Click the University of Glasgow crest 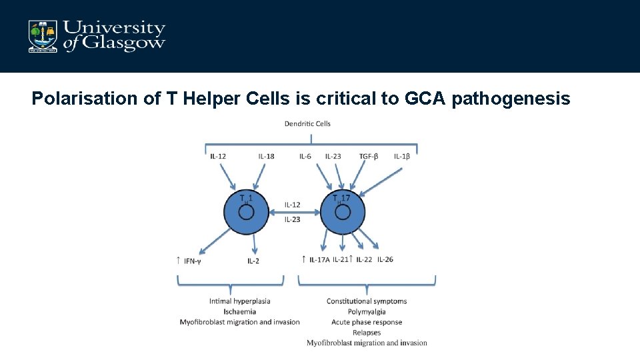point(42,36)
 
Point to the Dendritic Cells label point(307,123)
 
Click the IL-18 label point(266,156)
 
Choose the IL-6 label point(305,156)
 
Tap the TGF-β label point(369,156)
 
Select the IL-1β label point(402,156)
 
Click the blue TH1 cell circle point(246,212)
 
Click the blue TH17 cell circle point(343,212)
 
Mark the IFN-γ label point(193,261)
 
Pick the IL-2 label point(253,261)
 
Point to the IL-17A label point(319,259)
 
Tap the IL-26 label point(385,259)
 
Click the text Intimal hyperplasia point(240,301)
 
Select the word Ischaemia point(240,311)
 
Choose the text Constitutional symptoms point(367,301)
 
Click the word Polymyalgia point(367,311)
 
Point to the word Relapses point(367,332)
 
